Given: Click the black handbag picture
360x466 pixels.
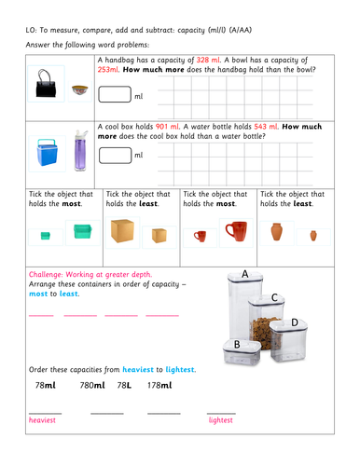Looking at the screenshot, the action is click(44, 86).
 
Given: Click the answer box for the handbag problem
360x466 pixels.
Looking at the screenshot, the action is click(115, 94).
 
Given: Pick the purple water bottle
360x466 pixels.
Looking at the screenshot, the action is click(76, 152).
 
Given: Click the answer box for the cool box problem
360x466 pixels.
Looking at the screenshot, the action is click(115, 154).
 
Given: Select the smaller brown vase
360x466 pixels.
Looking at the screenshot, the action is click(312, 235).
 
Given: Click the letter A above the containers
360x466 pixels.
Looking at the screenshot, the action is click(244, 275).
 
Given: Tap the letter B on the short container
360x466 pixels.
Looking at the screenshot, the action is click(237, 346).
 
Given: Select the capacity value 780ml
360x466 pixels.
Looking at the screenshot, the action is click(92, 385).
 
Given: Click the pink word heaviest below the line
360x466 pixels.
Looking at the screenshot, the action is click(43, 420).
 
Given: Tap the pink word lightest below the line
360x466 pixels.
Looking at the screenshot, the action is click(220, 420).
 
